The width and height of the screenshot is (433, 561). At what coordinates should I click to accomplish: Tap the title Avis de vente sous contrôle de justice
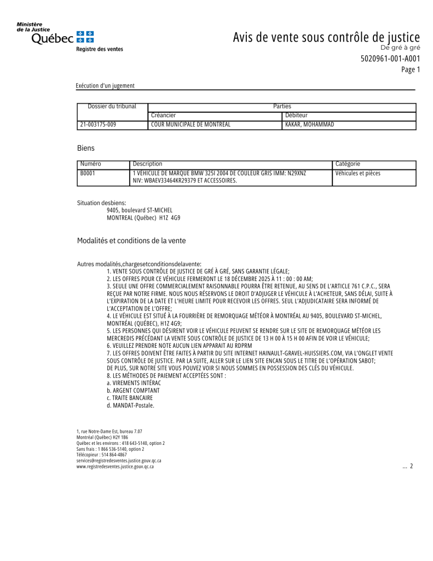(x=326, y=37)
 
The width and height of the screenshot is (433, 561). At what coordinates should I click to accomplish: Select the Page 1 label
(x=411, y=70)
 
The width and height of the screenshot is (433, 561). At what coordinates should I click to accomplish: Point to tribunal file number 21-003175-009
(x=98, y=125)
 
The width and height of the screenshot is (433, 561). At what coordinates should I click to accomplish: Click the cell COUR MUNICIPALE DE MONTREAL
(x=190, y=125)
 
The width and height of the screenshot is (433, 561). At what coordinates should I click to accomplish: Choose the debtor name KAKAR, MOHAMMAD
(x=310, y=125)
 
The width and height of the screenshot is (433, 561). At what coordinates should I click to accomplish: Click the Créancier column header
(x=164, y=116)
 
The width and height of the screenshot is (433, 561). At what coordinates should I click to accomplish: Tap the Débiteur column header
(x=297, y=116)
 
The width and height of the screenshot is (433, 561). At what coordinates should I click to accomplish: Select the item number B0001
(x=88, y=174)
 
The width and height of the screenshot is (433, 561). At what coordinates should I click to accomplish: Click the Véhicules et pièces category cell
(x=358, y=174)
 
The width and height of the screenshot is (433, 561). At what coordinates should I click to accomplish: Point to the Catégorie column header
(x=348, y=164)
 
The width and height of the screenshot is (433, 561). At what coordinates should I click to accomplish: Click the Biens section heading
(x=86, y=148)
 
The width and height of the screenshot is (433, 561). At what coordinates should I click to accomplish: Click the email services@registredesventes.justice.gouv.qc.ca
(x=119, y=461)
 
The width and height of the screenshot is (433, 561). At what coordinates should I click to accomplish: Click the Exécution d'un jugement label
(x=105, y=85)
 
